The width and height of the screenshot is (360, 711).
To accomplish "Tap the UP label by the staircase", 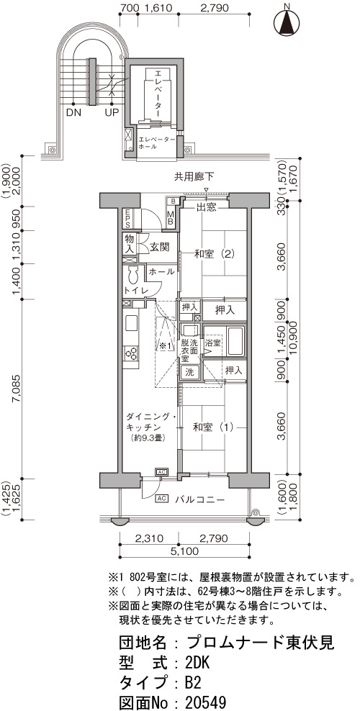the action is [x=112, y=112].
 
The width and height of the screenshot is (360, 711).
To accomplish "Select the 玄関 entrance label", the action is [x=160, y=248].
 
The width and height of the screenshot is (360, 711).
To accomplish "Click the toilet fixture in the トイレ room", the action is [x=133, y=275].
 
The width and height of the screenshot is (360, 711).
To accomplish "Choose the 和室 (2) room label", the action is [x=214, y=254].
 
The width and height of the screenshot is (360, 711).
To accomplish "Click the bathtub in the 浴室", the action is [x=235, y=341].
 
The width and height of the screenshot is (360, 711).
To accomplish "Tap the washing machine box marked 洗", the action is [x=189, y=373].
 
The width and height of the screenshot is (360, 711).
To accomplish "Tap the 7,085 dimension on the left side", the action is [x=17, y=389].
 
